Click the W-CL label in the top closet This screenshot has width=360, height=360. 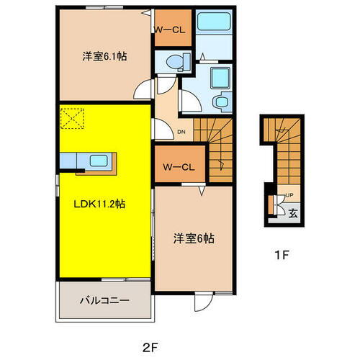pos(171,30)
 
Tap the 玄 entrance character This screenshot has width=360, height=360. pos(293,212)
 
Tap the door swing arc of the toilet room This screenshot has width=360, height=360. pos(145,89)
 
